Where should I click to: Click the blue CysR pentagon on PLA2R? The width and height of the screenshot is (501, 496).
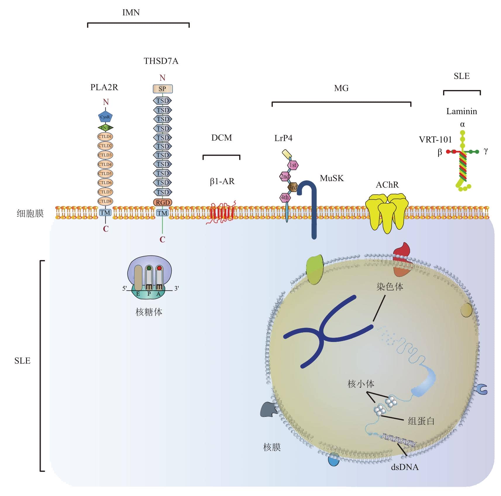pos(105,117)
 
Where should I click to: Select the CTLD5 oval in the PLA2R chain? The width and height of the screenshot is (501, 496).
pos(105,173)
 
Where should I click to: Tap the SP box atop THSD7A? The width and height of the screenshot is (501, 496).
pos(163,89)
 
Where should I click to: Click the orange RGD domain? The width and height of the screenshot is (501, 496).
pos(163,202)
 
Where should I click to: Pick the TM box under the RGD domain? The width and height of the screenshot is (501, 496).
pos(162,213)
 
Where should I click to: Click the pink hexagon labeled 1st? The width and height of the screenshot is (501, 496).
pos(293,165)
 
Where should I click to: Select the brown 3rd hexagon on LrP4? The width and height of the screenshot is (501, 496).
pos(293,187)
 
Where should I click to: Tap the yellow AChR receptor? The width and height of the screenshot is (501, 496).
pos(387,212)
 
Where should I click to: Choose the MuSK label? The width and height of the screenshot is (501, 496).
pos(332,178)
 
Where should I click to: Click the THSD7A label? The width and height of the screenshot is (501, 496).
pos(161,61)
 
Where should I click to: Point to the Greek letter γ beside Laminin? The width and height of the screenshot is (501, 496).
pos(485,151)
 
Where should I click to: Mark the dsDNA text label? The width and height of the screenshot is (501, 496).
pos(404,467)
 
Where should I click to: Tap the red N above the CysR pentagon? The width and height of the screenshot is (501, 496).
pos(106,102)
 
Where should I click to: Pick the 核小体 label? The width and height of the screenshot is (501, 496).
pos(361,384)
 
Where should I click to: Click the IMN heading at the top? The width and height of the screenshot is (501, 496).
pos(131,13)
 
